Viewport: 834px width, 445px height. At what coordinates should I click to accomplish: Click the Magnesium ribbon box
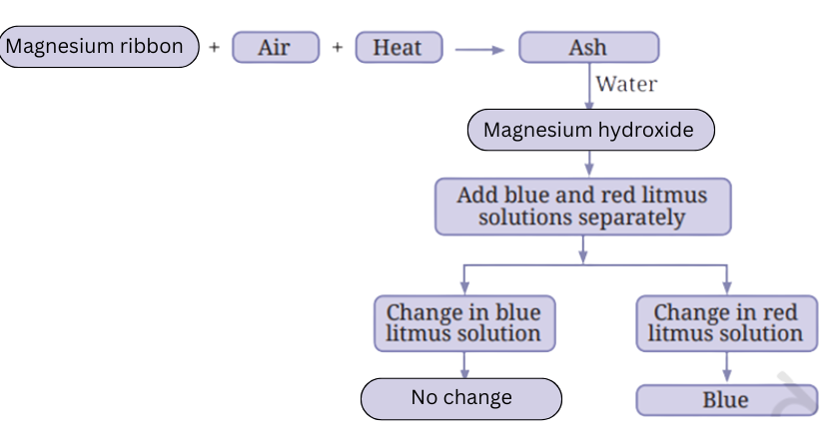[98, 47]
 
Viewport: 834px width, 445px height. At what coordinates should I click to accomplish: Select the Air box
[275, 48]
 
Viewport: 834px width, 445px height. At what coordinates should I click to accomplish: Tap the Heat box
[398, 48]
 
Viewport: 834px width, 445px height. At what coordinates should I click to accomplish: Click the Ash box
[587, 48]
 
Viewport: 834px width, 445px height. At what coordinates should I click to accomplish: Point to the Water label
[626, 84]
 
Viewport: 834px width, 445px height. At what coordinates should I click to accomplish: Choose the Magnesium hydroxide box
[591, 130]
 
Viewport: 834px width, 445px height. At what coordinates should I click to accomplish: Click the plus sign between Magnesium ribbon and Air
[215, 48]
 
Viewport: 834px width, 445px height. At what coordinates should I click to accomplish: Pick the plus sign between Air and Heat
[338, 48]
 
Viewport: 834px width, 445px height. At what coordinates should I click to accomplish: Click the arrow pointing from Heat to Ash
[480, 49]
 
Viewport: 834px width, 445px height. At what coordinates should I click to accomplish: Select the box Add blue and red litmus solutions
[582, 206]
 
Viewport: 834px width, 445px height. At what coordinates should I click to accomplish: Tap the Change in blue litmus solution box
[463, 323]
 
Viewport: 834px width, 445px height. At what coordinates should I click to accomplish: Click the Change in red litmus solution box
[725, 323]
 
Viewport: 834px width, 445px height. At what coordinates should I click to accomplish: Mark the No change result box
[460, 398]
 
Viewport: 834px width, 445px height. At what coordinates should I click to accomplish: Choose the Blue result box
[725, 400]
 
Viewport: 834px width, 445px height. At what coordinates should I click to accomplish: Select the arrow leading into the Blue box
[727, 367]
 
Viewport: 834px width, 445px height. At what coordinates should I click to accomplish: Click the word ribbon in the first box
[153, 47]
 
